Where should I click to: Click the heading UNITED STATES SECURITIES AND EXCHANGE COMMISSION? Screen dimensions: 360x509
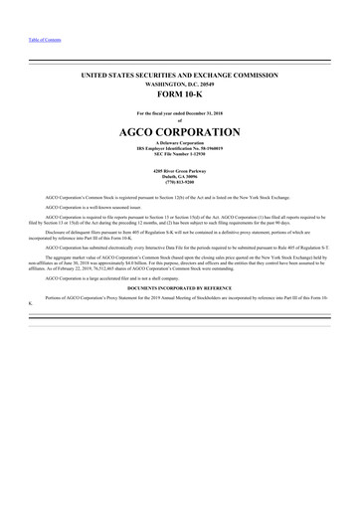pyautogui.click(x=179, y=76)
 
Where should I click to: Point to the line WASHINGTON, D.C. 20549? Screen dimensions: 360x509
pyautogui.click(x=179, y=84)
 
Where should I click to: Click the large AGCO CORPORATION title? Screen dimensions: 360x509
pyautogui.click(x=179, y=131)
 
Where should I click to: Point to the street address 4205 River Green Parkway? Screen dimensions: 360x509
pyautogui.click(x=179, y=172)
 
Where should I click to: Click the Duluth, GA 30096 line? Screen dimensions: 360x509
pyautogui.click(x=179, y=178)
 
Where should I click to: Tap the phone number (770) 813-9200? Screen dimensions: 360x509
pyautogui.click(x=179, y=184)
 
